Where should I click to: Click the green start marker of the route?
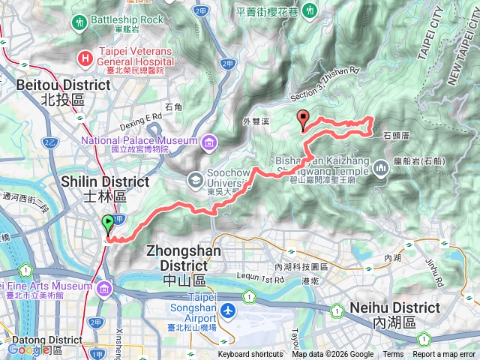[108, 223]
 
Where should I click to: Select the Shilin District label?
[94, 188]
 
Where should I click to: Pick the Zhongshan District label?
[178, 257]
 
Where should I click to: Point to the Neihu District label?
[394, 315]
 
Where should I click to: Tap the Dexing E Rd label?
[143, 118]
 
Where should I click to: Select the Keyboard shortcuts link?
[250, 355]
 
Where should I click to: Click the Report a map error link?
[444, 355]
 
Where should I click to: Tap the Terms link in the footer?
[393, 355]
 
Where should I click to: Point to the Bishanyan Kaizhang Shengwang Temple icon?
[381, 171]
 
